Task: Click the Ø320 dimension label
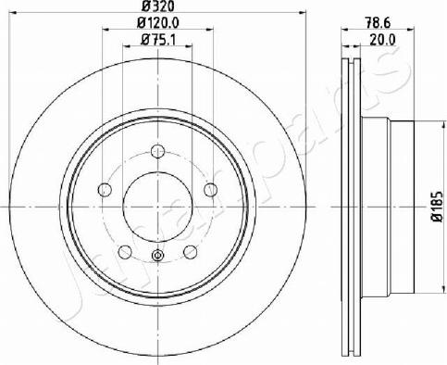(157, 6)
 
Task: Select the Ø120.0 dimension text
(157, 22)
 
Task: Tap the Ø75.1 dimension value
(157, 40)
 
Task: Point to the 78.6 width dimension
(378, 22)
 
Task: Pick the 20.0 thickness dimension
(382, 40)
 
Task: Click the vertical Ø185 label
(438, 207)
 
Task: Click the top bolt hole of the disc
(157, 151)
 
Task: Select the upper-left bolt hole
(105, 189)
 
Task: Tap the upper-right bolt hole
(211, 189)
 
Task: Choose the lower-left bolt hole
(125, 252)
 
